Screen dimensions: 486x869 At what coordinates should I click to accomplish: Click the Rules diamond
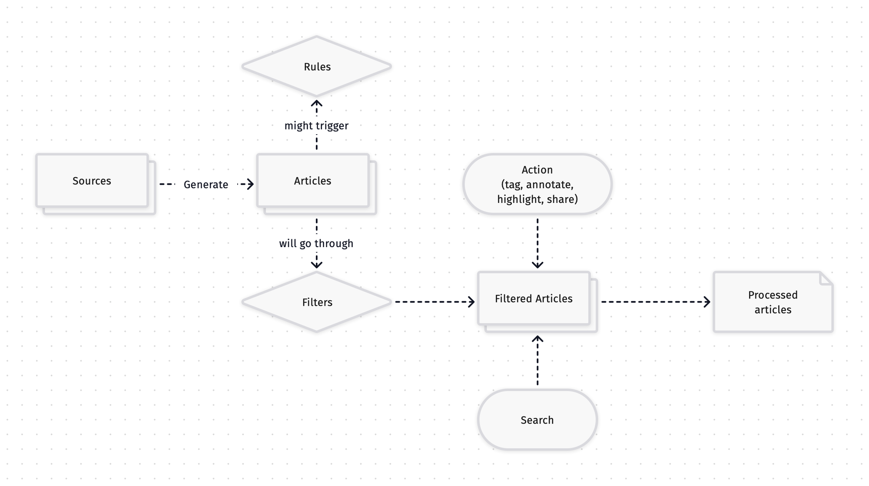pyautogui.click(x=317, y=66)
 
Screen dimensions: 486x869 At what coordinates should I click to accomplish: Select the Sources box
pyautogui.click(x=92, y=181)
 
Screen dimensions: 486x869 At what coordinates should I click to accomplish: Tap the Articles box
pyautogui.click(x=313, y=181)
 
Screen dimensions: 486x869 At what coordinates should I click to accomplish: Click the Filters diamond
pyautogui.click(x=317, y=302)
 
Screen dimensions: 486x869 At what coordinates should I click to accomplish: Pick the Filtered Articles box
pyautogui.click(x=534, y=298)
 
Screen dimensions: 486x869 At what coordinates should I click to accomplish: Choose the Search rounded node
pyautogui.click(x=537, y=420)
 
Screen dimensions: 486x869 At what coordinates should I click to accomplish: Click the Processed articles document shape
pyautogui.click(x=773, y=302)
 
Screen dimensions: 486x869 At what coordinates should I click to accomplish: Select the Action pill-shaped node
pyautogui.click(x=537, y=184)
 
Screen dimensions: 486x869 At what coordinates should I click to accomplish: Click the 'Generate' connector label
pyautogui.click(x=206, y=185)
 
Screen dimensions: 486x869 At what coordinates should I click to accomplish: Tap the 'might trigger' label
pyautogui.click(x=316, y=126)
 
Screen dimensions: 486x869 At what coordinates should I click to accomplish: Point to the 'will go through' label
pyautogui.click(x=316, y=244)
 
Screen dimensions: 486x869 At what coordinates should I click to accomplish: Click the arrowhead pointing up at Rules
pyautogui.click(x=317, y=103)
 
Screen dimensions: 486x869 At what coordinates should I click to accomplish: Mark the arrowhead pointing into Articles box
pyautogui.click(x=250, y=184)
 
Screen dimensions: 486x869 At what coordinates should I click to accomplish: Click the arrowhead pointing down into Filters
pyautogui.click(x=317, y=264)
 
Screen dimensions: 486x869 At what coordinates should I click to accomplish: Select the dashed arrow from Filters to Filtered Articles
pyautogui.click(x=434, y=302)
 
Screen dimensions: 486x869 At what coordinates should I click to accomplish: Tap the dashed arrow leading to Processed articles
pyautogui.click(x=655, y=302)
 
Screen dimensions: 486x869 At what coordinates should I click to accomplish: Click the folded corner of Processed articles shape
pyautogui.click(x=826, y=278)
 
